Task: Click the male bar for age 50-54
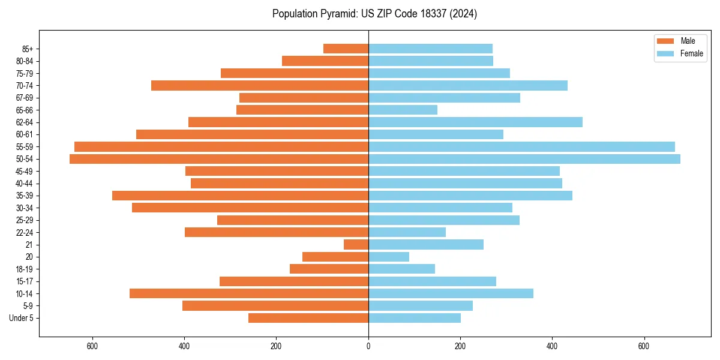[219, 159]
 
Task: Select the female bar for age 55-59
[521, 146]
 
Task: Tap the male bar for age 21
[356, 244]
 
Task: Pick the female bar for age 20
[389, 257]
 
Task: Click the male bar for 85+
[346, 49]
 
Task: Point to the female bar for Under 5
[415, 318]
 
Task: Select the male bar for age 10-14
[249, 293]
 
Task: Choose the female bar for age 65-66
[403, 110]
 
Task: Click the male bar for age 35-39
[240, 196]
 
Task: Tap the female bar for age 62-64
[475, 122]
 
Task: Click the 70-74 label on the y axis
[25, 86]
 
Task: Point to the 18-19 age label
[25, 269]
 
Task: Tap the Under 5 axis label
[22, 318]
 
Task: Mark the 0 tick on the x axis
[368, 347]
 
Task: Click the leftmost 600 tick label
[92, 347]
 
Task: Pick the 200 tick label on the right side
[460, 347]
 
